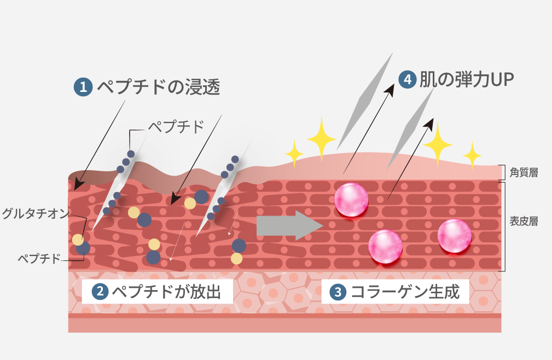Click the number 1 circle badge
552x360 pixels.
pos(83,87)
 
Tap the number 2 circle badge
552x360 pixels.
pos(100,292)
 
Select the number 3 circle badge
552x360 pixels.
pos(338,292)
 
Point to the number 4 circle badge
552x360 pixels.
pos(408,79)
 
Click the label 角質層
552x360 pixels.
pos(524,172)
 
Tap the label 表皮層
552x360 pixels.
pos(524,222)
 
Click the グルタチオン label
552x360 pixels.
pos(36,213)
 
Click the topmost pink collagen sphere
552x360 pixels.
pos(351,200)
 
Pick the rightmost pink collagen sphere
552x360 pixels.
pos(455,236)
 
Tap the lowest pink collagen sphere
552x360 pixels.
pos(386,246)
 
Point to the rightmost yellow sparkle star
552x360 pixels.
pos(472,155)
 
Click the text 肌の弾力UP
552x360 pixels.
pos(467,79)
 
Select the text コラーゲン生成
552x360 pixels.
pos(405,292)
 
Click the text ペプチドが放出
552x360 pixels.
pos(166,292)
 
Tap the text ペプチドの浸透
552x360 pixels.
pos(159,87)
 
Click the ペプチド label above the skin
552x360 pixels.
pos(176,127)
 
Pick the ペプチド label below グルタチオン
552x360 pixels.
pos(39,259)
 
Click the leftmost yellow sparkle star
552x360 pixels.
pos(294,154)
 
